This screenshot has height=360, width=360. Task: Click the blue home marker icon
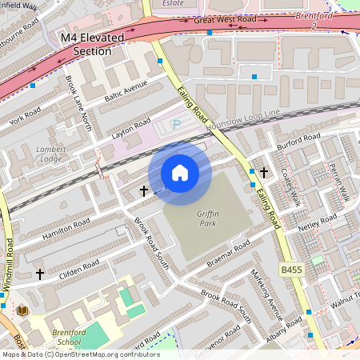pyautogui.click(x=180, y=173)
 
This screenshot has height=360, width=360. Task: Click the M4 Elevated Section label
pyautogui.click(x=93, y=44)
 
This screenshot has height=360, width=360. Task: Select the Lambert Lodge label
pyautogui.click(x=49, y=154)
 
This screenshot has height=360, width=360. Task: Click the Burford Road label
pyautogui.click(x=298, y=142)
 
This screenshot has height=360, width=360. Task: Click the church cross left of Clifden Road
pyautogui.click(x=40, y=274)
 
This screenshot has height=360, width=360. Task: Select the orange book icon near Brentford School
pyautogui.click(x=22, y=310)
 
